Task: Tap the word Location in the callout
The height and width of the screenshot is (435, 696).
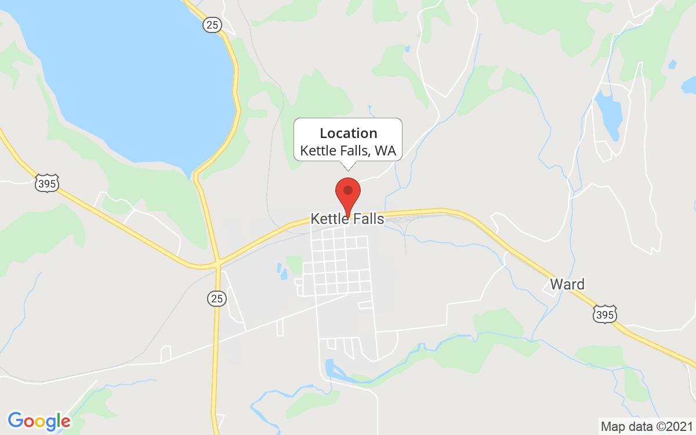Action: click(x=348, y=133)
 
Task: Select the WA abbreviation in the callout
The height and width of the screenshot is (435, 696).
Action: click(x=385, y=151)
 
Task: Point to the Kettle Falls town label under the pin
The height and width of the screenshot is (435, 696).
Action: click(x=348, y=219)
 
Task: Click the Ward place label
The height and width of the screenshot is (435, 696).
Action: click(x=567, y=284)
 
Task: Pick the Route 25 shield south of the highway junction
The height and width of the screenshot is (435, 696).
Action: click(x=216, y=299)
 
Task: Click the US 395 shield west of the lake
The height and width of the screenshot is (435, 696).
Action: click(x=46, y=184)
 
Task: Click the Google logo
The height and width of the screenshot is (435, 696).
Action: click(x=39, y=420)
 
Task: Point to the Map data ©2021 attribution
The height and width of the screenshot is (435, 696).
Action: click(x=646, y=426)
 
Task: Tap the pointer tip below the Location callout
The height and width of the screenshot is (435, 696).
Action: click(x=348, y=169)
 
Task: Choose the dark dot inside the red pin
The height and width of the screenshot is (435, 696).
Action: click(x=348, y=190)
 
